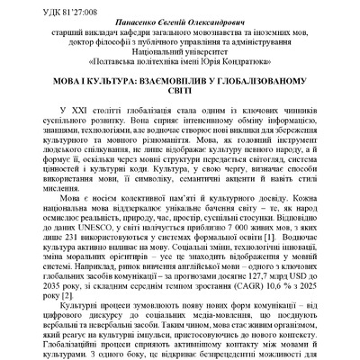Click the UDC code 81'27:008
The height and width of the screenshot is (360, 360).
(52, 13)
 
